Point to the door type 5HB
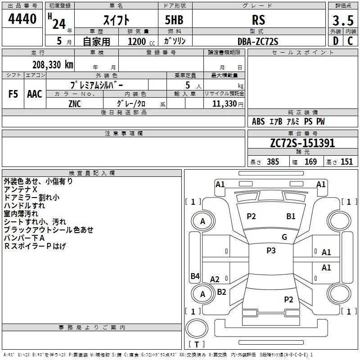pyautogui.click(x=174, y=20)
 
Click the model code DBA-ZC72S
pyautogui.click(x=258, y=41)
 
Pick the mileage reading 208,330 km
pyautogui.click(x=53, y=64)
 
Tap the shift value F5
pyautogui.click(x=13, y=94)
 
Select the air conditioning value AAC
pyautogui.click(x=34, y=94)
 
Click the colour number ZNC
pyautogui.click(x=75, y=103)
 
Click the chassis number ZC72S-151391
pyautogui.click(x=302, y=143)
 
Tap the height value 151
pyautogui.click(x=346, y=162)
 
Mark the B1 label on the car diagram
pyautogui.click(x=291, y=216)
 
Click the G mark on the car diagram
pyautogui.click(x=284, y=237)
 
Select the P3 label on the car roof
pyautogui.click(x=271, y=251)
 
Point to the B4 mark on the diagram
pyautogui.click(x=195, y=276)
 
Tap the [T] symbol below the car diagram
pyautogui.click(x=196, y=345)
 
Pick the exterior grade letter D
pyautogui.click(x=335, y=41)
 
